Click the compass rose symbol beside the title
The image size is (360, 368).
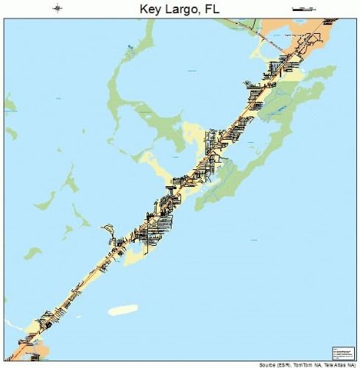pos(58,9)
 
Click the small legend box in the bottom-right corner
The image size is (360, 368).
pos(343,353)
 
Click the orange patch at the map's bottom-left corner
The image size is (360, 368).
pos(34,353)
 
